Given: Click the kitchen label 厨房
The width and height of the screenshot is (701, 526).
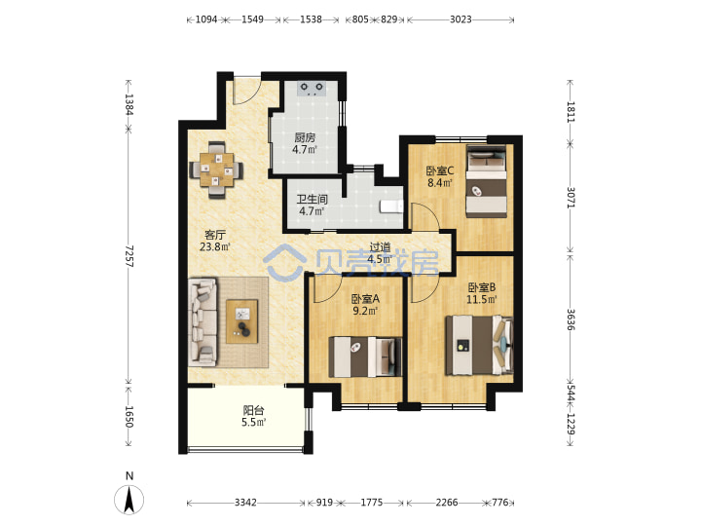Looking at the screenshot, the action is tap(305, 137).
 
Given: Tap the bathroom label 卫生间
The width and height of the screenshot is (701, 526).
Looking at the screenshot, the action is tap(313, 200).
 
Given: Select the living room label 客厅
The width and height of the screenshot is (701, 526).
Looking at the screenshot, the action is tap(215, 235).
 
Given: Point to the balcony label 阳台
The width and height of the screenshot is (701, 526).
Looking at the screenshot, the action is tap(253, 410).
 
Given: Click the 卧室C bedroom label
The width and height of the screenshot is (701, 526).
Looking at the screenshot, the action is tap(440, 170).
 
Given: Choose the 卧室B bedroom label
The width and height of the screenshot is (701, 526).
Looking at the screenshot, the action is tap(482, 287).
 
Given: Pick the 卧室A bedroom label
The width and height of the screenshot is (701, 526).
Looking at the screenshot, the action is tap(365, 298).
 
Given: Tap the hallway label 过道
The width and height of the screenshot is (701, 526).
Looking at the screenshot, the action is tap(380, 246).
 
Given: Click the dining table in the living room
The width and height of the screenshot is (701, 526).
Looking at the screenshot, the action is tap(217, 169).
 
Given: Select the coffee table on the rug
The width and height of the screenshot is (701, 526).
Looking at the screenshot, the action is tap(241, 321).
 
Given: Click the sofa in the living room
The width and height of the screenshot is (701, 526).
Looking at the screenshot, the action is tap(203, 322).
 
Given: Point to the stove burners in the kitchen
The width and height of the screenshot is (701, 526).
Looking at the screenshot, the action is tap(312, 88).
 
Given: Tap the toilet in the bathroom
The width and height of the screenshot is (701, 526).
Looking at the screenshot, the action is tap(391, 207).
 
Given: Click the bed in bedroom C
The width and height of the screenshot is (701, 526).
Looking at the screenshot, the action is tap(487, 181).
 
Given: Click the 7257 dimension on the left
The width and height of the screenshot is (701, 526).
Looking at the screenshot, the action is tap(129, 256).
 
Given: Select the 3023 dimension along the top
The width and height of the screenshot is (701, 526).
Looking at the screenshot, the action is tap(461, 19).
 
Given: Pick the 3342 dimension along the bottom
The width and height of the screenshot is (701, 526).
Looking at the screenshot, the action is tap(245, 503).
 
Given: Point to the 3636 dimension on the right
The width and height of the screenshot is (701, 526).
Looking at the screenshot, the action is tap(571, 319).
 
